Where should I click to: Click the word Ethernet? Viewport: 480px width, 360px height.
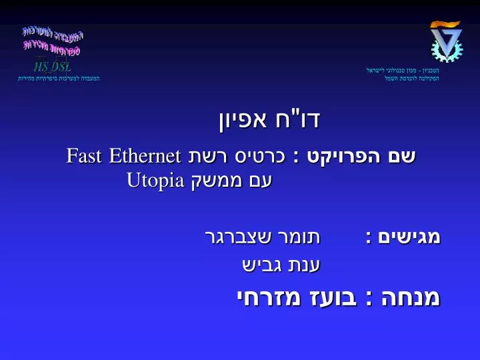147,157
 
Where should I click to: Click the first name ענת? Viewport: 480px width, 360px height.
305,265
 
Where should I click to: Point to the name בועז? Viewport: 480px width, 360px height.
330,297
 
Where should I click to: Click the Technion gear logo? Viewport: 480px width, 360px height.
445,42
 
